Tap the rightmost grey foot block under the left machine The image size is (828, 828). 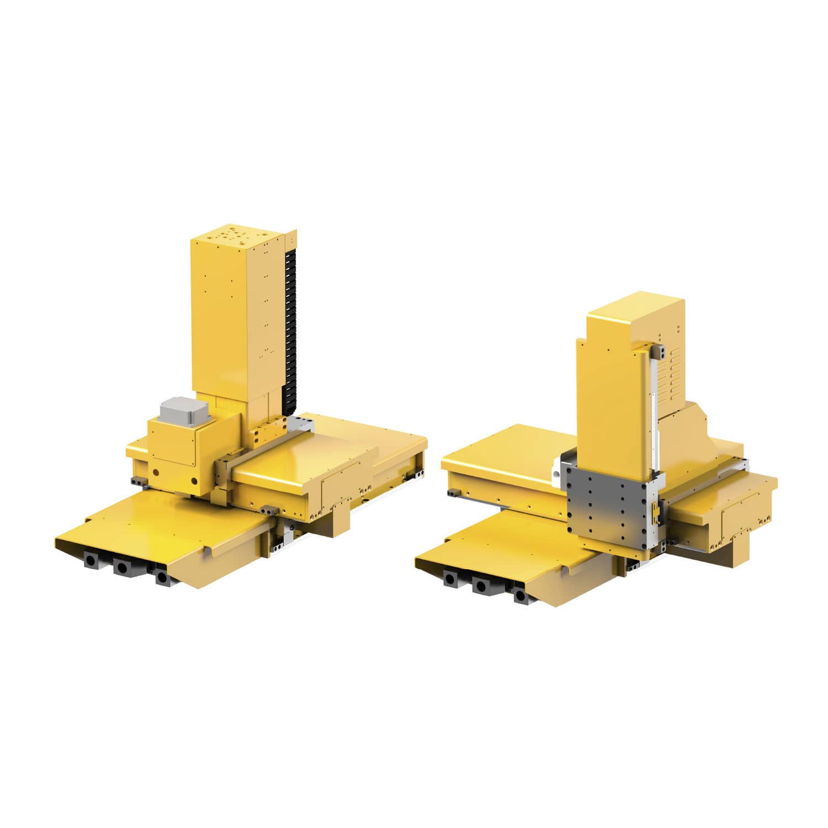point(162,577)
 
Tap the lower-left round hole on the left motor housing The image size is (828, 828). point(156,473)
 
